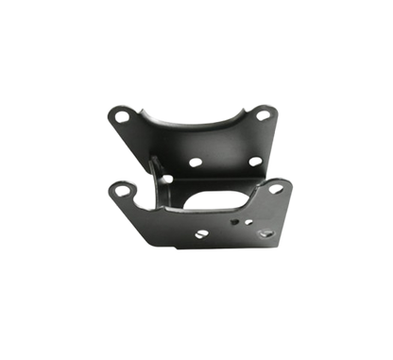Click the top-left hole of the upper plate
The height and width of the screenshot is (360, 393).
pyautogui.click(x=119, y=117)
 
